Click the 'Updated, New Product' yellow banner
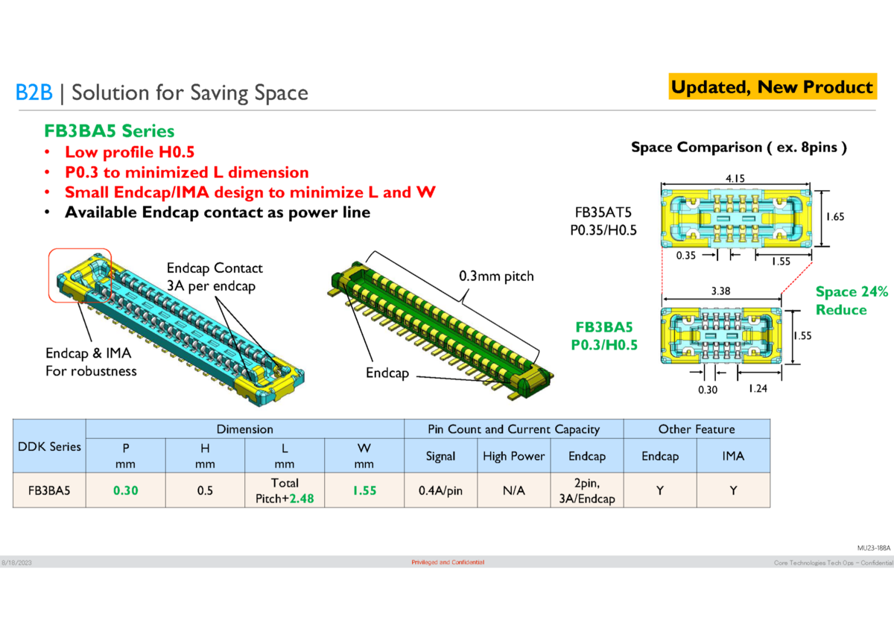tap(771, 87)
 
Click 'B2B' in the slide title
tap(34, 92)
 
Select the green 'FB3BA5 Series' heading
tap(109, 131)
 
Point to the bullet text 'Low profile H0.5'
tap(130, 152)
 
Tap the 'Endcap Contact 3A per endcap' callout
tap(215, 276)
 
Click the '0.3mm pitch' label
tap(496, 276)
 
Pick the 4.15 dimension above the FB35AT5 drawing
tap(735, 178)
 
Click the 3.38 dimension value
tap(720, 291)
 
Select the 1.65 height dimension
tap(834, 217)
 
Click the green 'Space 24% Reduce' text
tap(852, 301)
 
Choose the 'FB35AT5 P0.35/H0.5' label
tap(603, 221)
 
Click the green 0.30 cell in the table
tap(126, 491)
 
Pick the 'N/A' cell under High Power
tap(513, 491)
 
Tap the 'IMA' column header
tap(733, 456)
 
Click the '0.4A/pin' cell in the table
tap(440, 491)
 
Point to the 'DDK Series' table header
tap(50, 447)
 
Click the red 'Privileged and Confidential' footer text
tap(448, 562)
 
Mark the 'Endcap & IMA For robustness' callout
tap(92, 361)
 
